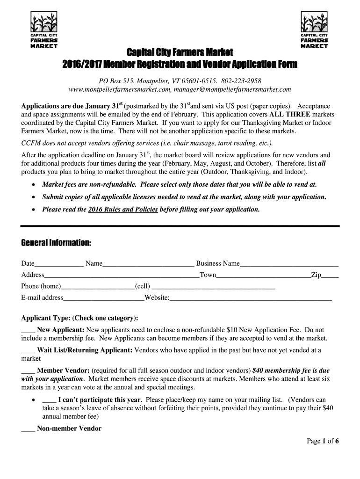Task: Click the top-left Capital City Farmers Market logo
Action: coord(43,31)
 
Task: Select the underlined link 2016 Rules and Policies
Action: coord(123,209)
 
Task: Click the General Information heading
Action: coord(56,244)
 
